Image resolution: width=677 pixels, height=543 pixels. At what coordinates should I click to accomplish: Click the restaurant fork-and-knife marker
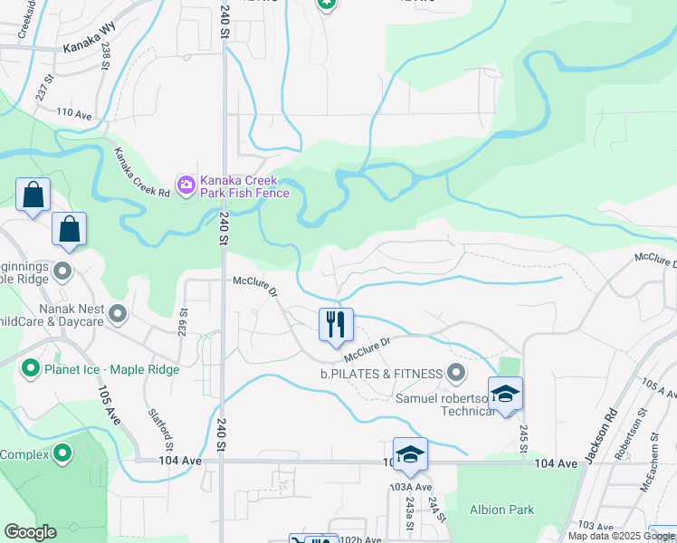(x=336, y=324)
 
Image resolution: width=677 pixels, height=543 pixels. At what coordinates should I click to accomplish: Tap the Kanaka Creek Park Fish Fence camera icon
(x=187, y=186)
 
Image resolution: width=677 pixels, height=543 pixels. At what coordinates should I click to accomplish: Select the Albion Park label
(x=502, y=510)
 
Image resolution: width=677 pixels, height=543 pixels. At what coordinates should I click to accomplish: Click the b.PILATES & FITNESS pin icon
(x=456, y=373)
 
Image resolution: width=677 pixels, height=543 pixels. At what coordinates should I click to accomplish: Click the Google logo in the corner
(x=30, y=532)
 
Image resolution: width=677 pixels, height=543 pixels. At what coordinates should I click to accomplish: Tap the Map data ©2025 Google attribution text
(x=621, y=536)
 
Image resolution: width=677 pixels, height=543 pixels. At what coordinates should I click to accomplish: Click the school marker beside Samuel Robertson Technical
(x=505, y=393)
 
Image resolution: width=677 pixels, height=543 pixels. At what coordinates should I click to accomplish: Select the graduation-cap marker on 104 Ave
(x=410, y=454)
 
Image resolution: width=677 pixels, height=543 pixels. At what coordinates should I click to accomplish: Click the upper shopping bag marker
(x=33, y=194)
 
